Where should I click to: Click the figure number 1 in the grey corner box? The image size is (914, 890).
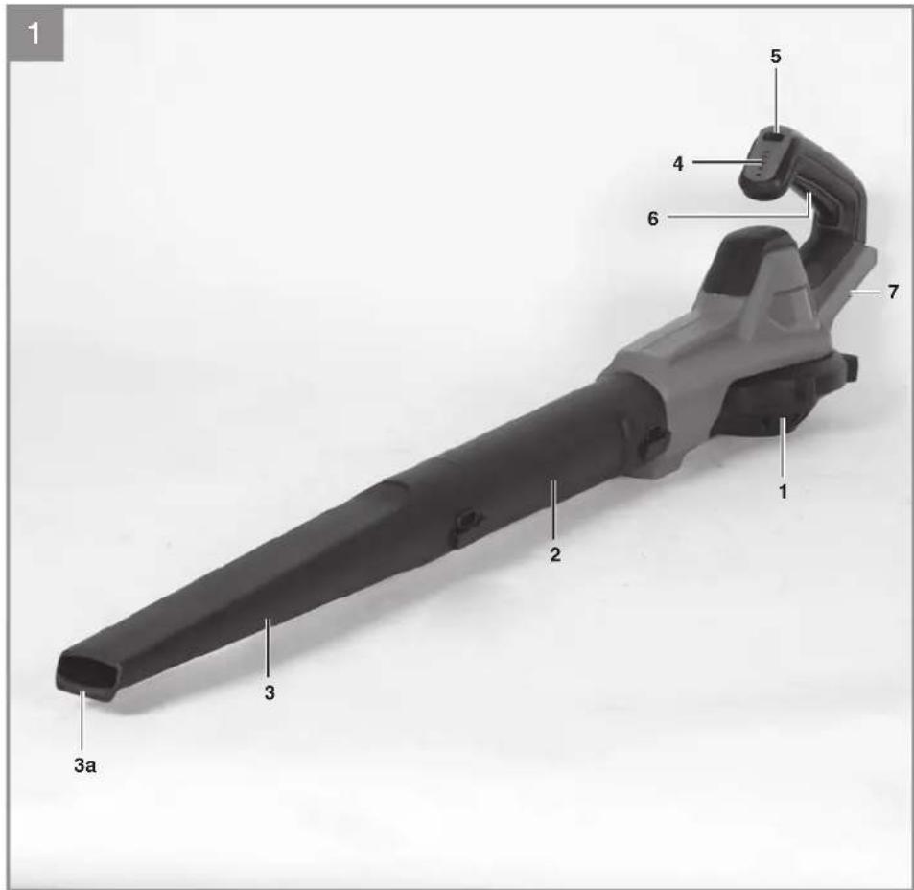pyautogui.click(x=35, y=34)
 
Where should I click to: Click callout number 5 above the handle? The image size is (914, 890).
pyautogui.click(x=775, y=57)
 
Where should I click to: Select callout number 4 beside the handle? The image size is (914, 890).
pyautogui.click(x=678, y=164)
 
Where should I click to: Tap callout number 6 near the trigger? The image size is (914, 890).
pyautogui.click(x=653, y=220)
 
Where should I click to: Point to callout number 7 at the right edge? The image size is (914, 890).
pyautogui.click(x=893, y=292)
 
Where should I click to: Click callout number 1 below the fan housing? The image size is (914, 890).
pyautogui.click(x=783, y=491)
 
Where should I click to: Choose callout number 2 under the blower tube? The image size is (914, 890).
pyautogui.click(x=555, y=554)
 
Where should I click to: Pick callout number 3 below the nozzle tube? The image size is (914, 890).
pyautogui.click(x=269, y=693)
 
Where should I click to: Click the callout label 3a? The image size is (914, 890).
pyautogui.click(x=85, y=765)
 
